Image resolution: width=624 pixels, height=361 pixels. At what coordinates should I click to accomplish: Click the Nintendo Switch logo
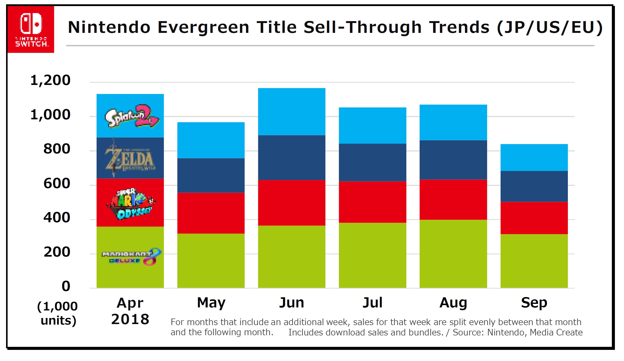pos(31,29)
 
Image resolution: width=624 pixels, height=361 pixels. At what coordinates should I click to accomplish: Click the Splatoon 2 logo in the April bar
pos(131,116)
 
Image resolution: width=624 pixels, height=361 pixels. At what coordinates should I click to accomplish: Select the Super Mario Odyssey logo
pos(130,204)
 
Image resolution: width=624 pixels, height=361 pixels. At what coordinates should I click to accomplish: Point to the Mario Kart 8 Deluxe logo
pos(131,257)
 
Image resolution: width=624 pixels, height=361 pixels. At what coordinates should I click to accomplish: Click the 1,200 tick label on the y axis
pos(50,80)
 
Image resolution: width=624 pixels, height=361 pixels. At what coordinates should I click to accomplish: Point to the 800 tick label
pos(57,149)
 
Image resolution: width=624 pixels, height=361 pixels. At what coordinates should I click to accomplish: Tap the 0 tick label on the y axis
pos(66,286)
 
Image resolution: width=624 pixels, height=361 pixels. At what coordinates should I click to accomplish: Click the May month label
pos(211,303)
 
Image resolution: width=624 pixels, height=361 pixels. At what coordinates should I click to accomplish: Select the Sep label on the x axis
pos(534,303)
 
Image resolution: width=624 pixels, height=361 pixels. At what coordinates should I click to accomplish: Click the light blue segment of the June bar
pos(292,111)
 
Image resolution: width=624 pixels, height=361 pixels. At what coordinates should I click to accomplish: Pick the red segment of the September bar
pos(534,218)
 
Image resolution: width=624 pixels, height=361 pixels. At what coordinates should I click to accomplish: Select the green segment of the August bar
pos(453,254)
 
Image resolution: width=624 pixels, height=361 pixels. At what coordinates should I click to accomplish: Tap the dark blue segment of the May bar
pos(211,175)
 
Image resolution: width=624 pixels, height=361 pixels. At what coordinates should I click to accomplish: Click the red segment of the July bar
pos(372,202)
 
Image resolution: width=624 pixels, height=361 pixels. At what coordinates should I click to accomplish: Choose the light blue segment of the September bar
pos(534,157)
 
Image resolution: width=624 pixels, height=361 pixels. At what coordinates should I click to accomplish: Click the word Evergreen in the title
pos(204,27)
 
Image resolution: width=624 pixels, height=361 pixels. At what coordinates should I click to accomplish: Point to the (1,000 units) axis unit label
pos(58,313)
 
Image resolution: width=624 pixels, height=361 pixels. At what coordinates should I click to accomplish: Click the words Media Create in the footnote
pos(556,332)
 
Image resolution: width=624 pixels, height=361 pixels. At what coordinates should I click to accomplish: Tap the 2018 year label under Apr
pos(130,319)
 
